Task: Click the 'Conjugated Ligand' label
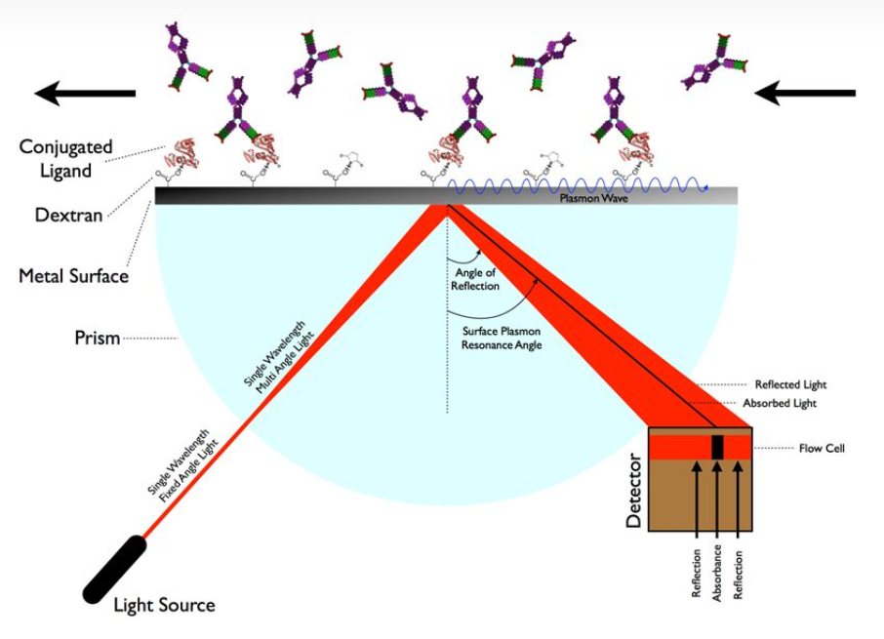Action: (56, 159)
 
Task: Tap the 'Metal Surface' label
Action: (73, 276)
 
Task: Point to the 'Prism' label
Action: (97, 339)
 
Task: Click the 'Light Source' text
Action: (164, 606)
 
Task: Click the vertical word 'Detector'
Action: (635, 491)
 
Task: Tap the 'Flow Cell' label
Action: (822, 449)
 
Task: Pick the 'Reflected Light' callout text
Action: (793, 384)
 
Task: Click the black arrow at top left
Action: (85, 93)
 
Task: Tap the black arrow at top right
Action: (805, 93)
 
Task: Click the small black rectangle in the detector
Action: (717, 447)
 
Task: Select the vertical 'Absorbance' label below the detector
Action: (717, 570)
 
